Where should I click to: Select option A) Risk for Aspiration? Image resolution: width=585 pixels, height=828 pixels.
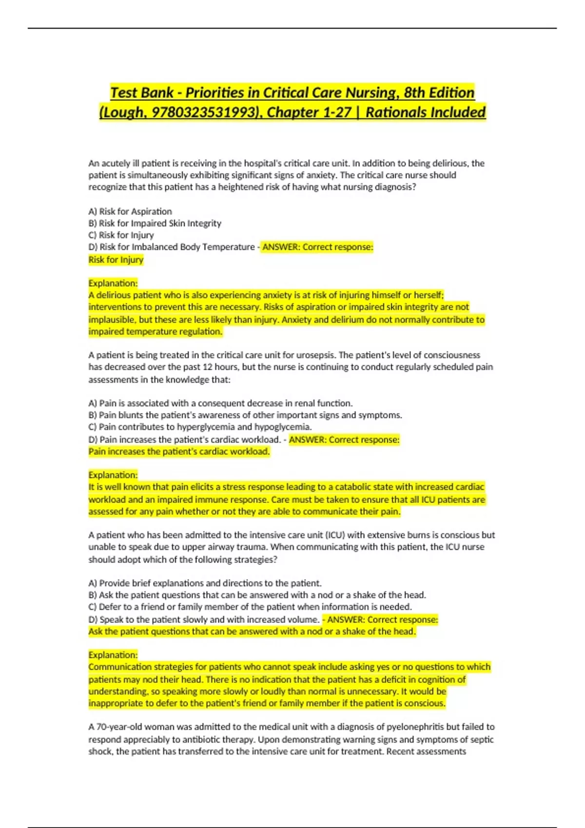[130, 211]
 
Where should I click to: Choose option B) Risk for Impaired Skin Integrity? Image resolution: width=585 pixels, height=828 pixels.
[155, 223]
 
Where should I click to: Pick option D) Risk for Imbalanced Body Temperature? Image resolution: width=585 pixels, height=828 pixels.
[172, 247]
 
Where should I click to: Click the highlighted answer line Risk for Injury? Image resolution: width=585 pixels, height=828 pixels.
[116, 260]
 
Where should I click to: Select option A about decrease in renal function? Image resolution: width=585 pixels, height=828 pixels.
[220, 403]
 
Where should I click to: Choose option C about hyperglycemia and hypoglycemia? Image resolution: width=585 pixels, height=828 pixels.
[200, 427]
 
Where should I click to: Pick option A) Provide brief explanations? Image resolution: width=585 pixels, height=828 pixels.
[205, 583]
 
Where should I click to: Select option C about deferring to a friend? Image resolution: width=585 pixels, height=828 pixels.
[250, 607]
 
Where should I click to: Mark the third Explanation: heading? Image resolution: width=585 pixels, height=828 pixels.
[113, 655]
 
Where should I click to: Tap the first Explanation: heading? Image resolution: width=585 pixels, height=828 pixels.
[113, 283]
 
